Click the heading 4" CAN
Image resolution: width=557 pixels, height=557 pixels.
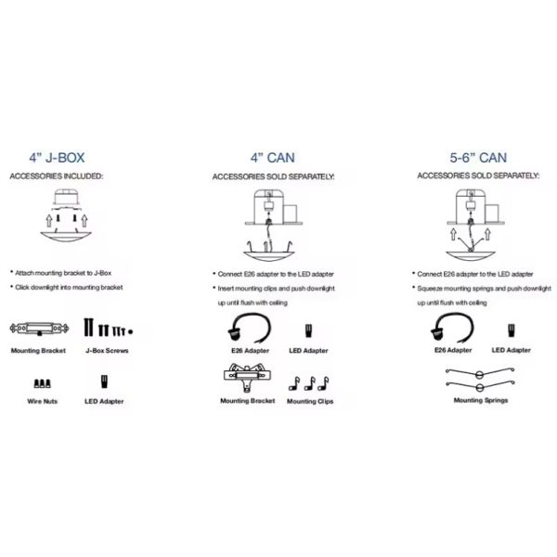[x=274, y=158]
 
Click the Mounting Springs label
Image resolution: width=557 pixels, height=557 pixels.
[x=477, y=401]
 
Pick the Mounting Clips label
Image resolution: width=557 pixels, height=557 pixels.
[x=309, y=401]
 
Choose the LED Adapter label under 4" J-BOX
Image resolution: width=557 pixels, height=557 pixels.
[x=104, y=401]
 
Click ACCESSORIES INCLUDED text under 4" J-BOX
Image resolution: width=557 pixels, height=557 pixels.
[x=57, y=175]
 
